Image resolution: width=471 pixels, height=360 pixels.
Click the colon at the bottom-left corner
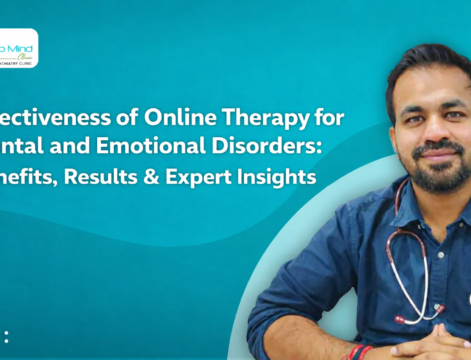6,336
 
